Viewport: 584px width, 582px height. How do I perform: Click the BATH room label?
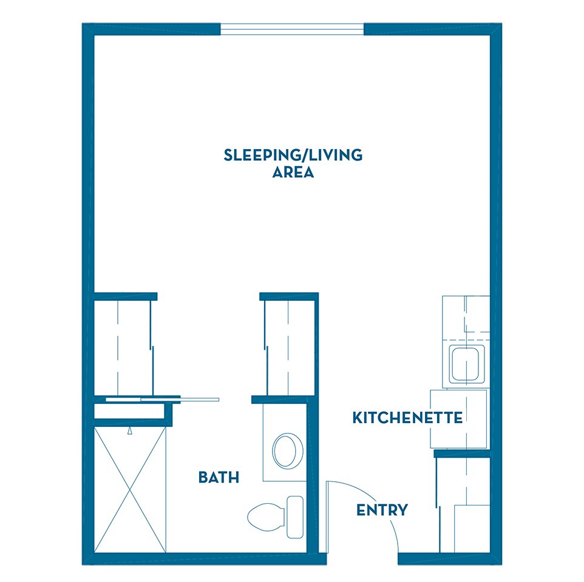click(219, 477)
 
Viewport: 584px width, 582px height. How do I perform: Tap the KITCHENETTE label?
click(407, 418)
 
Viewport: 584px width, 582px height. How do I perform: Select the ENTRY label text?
click(382, 510)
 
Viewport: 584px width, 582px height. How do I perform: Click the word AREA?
click(293, 172)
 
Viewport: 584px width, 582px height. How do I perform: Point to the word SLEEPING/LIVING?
click(293, 155)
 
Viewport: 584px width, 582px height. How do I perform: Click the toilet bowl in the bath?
click(266, 517)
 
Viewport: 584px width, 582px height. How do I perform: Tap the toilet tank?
click(295, 517)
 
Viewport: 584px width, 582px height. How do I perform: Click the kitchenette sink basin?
click(466, 364)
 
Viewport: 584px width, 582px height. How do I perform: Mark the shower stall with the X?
click(130, 490)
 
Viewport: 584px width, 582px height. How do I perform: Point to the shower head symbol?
click(130, 430)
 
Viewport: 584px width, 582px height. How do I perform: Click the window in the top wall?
click(292, 29)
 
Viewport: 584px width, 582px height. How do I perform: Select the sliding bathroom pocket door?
click(163, 400)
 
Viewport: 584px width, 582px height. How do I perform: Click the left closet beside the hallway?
click(123, 348)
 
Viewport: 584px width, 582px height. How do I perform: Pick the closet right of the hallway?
click(290, 348)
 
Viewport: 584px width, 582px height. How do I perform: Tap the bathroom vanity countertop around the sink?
click(285, 442)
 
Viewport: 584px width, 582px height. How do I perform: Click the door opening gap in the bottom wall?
click(362, 558)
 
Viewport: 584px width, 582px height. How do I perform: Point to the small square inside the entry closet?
click(472, 529)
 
